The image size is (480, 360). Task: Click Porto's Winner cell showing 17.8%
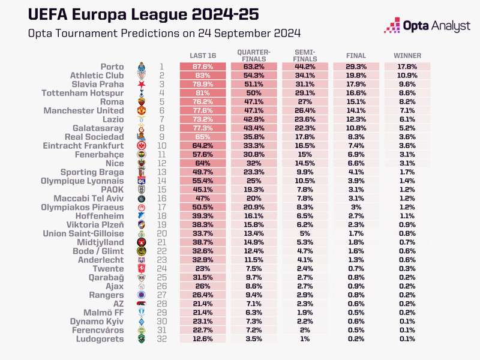coord(407,67)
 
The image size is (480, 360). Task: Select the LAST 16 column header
coord(203,56)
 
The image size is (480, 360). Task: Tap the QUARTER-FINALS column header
coord(254,55)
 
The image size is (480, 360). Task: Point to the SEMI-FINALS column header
coord(305,55)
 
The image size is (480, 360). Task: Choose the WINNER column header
coord(407,56)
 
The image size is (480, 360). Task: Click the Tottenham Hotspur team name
coord(83,93)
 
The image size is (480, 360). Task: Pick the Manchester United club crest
coord(142,110)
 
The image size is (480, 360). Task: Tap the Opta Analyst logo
coord(427,25)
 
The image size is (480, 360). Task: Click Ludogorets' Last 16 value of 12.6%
coord(203,339)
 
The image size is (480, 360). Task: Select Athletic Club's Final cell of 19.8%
coord(356,76)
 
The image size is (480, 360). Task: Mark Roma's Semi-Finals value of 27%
coord(305,101)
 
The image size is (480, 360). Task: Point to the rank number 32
coord(162,339)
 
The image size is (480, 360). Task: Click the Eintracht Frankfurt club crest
coord(142,146)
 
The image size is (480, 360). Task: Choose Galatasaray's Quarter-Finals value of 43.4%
coord(254,128)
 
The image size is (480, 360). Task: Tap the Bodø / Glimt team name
coord(98,251)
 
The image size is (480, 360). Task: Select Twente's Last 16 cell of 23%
coord(203,268)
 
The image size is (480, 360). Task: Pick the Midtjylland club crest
coord(142,242)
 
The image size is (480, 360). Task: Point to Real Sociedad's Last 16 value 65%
coord(203,137)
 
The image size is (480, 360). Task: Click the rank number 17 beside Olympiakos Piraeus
coord(161,207)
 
